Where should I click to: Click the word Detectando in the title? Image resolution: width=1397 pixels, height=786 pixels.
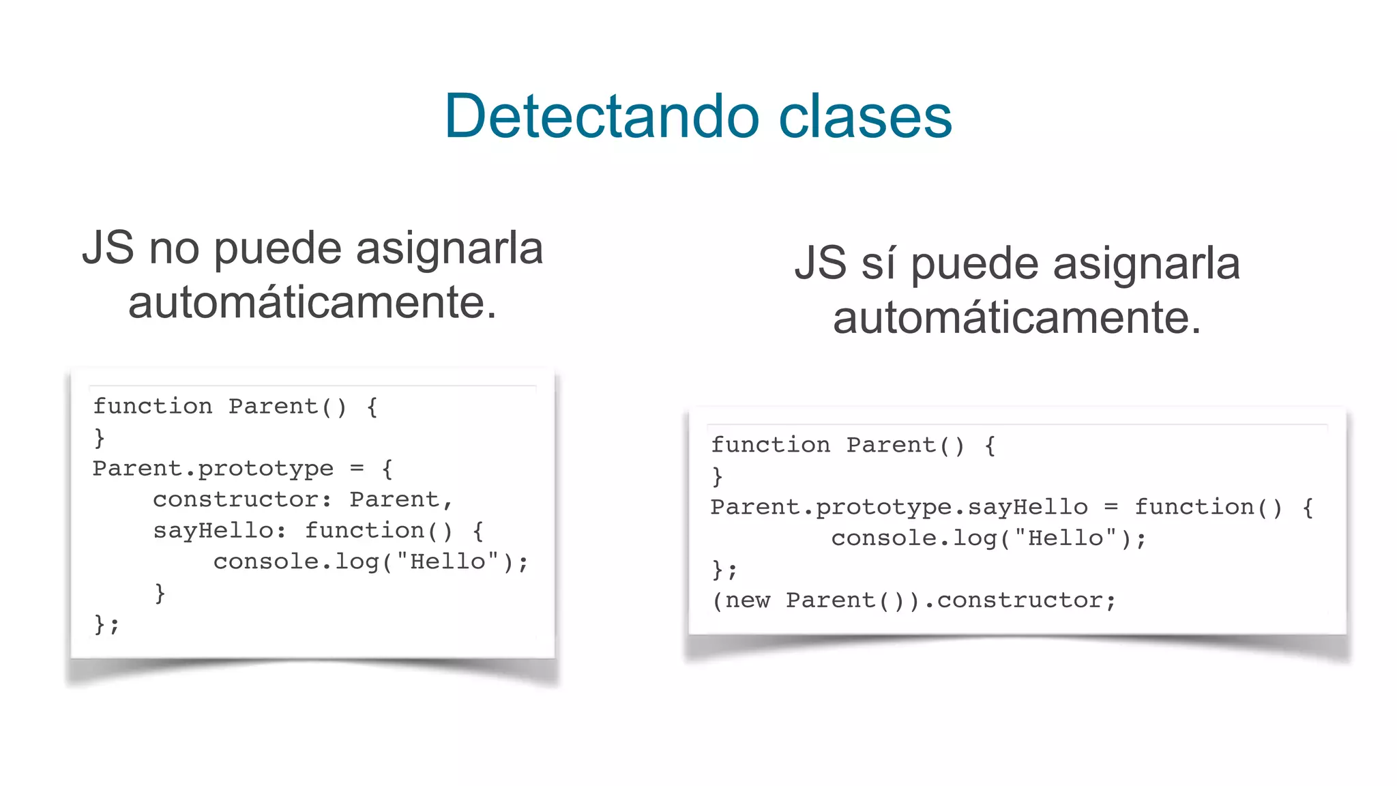pyautogui.click(x=601, y=116)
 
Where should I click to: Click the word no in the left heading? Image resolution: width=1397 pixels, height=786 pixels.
pyautogui.click(x=175, y=248)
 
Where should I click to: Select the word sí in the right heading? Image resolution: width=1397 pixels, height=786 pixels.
pyautogui.click(x=878, y=264)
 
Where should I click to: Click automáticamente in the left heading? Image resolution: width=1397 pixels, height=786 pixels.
pyautogui.click(x=312, y=303)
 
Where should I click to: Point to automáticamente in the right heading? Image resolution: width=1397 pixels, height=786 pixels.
pyautogui.click(x=1016, y=319)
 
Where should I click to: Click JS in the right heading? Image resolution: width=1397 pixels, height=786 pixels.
pyautogui.click(x=821, y=264)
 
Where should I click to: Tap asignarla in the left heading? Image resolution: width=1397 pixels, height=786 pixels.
pyautogui.click(x=450, y=248)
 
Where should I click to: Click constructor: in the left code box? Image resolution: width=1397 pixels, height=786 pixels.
pyautogui.click(x=242, y=499)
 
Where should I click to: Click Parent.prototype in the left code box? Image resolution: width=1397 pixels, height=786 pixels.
pyautogui.click(x=213, y=469)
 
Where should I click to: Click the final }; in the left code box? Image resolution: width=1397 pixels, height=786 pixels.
pyautogui.click(x=106, y=624)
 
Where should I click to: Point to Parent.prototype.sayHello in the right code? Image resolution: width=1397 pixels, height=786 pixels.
pyautogui.click(x=898, y=507)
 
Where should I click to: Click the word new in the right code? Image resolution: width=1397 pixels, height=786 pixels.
pyautogui.click(x=748, y=600)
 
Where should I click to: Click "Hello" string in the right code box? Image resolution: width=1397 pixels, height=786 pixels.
pyautogui.click(x=1065, y=538)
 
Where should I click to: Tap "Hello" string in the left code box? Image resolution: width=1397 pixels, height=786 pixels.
pyautogui.click(x=447, y=562)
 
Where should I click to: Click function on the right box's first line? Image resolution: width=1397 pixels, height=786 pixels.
pyautogui.click(x=770, y=445)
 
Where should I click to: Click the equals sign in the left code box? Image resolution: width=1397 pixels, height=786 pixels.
pyautogui.click(x=357, y=469)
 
